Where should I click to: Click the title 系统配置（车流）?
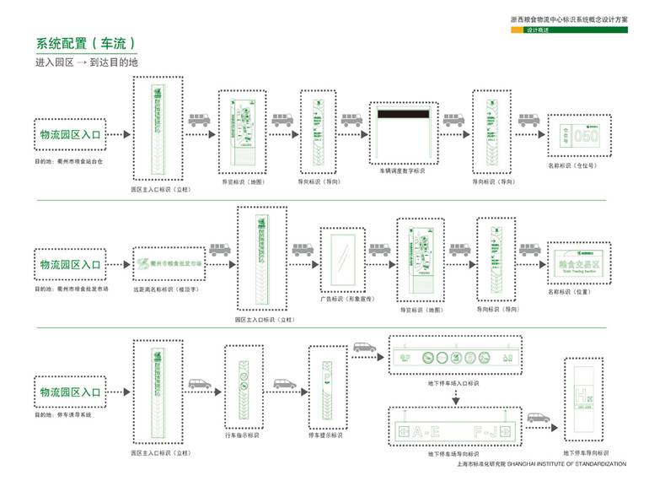[x=85, y=44]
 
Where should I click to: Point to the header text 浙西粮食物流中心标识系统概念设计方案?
[x=569, y=17]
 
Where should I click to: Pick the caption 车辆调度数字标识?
[x=402, y=170]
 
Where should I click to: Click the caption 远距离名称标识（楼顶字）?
[x=169, y=289]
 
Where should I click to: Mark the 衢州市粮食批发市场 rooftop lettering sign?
[x=170, y=264]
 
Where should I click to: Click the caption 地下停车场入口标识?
[x=453, y=383]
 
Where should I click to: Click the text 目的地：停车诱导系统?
[x=63, y=415]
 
